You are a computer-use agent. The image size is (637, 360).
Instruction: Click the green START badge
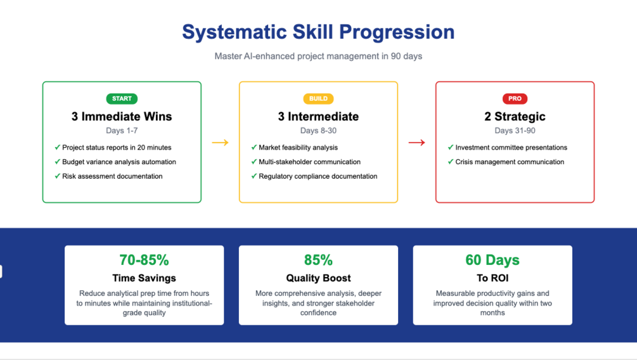122,99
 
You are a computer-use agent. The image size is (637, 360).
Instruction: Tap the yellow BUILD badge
318,99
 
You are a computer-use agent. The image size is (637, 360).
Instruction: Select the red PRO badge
515,99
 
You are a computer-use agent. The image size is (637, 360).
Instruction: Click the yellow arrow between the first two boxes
220,143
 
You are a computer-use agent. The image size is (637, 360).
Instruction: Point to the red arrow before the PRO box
417,143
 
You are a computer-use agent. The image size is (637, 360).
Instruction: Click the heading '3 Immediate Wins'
122,117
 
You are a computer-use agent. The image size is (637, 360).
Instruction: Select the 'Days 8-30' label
318,131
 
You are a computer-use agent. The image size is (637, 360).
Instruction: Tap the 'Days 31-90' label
515,131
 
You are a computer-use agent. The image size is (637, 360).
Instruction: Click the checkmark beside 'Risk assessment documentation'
57,176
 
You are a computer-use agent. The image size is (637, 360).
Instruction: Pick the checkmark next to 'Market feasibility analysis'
254,147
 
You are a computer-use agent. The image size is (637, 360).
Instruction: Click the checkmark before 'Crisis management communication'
451,162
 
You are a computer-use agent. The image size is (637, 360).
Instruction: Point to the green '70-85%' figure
145,260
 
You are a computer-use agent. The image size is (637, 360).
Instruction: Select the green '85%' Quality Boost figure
318,260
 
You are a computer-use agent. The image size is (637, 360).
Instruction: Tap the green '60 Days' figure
492,260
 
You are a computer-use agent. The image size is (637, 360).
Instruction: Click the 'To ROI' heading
492,278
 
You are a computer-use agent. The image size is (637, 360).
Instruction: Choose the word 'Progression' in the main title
397,32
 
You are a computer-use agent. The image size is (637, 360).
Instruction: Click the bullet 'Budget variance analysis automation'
119,162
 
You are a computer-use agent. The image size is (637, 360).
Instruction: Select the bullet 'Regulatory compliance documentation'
318,176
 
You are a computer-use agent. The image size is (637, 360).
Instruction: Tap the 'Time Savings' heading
145,278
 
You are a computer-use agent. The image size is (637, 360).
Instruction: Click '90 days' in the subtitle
406,56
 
